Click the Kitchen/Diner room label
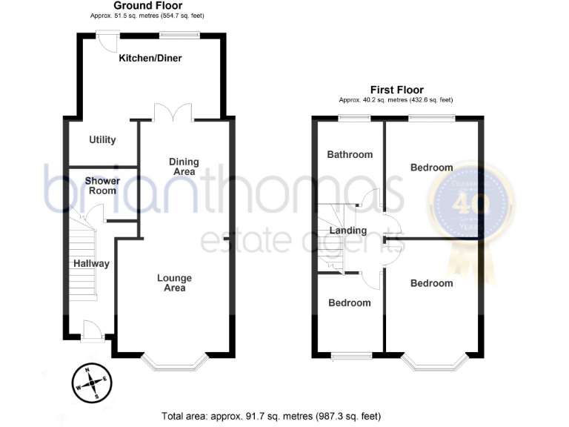tap(150, 59)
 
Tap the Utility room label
tap(102, 140)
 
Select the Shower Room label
tap(101, 185)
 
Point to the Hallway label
tap(91, 264)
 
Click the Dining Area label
tap(182, 167)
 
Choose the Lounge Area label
tap(175, 283)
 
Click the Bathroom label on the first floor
tap(350, 155)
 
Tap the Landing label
tap(348, 231)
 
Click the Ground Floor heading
tap(148, 5)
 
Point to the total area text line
tap(271, 416)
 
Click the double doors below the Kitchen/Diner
tap(173, 113)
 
